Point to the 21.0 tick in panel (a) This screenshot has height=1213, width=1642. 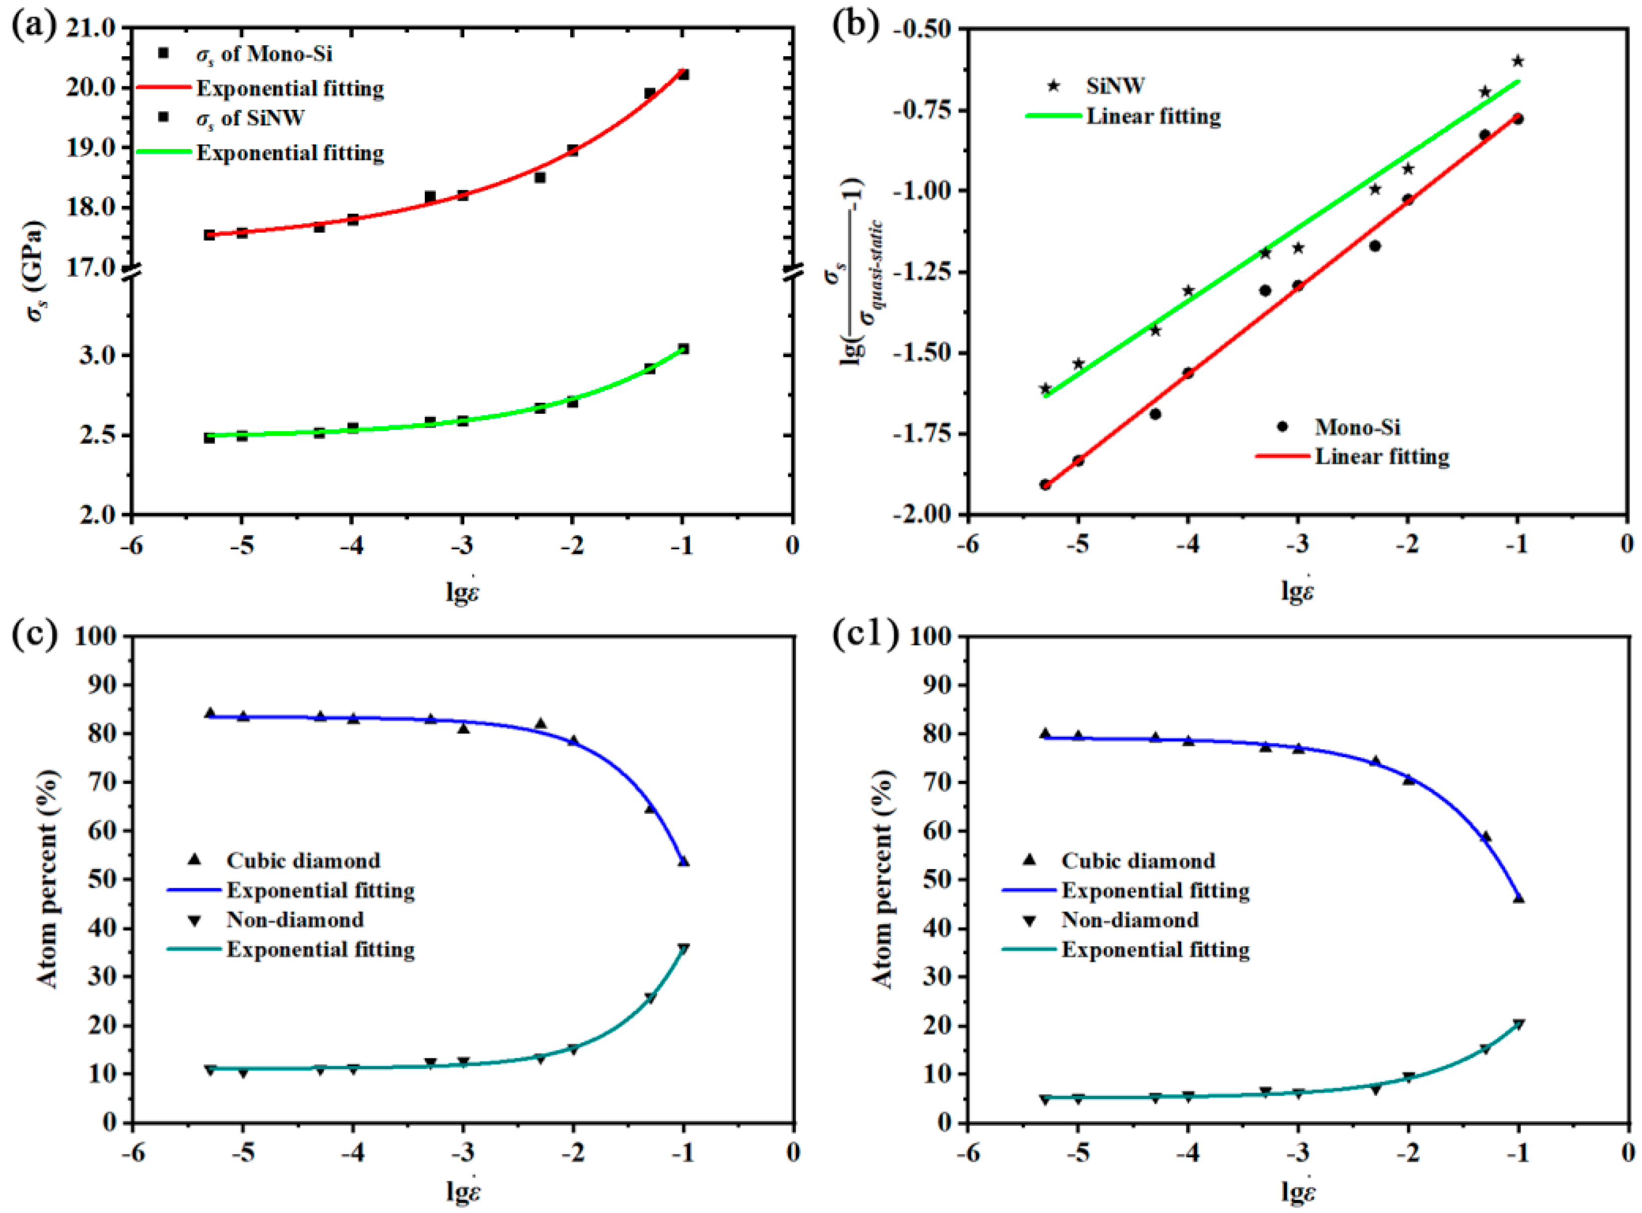coord(91,29)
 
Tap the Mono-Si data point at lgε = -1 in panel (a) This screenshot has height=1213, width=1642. coord(683,74)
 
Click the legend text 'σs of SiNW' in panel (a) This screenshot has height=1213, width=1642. coord(250,118)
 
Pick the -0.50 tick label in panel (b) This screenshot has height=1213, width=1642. coord(922,29)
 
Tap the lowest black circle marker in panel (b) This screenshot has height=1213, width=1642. coord(1045,484)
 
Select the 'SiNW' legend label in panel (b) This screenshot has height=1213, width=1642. coord(1115,86)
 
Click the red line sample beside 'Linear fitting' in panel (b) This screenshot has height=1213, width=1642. coord(1281,457)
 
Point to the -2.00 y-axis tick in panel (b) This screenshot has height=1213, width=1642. coord(922,514)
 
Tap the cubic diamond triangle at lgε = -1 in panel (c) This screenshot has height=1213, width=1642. coord(684,860)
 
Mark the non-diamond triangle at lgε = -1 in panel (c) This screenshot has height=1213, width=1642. coord(684,949)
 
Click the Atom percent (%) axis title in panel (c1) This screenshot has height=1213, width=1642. coord(881,879)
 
